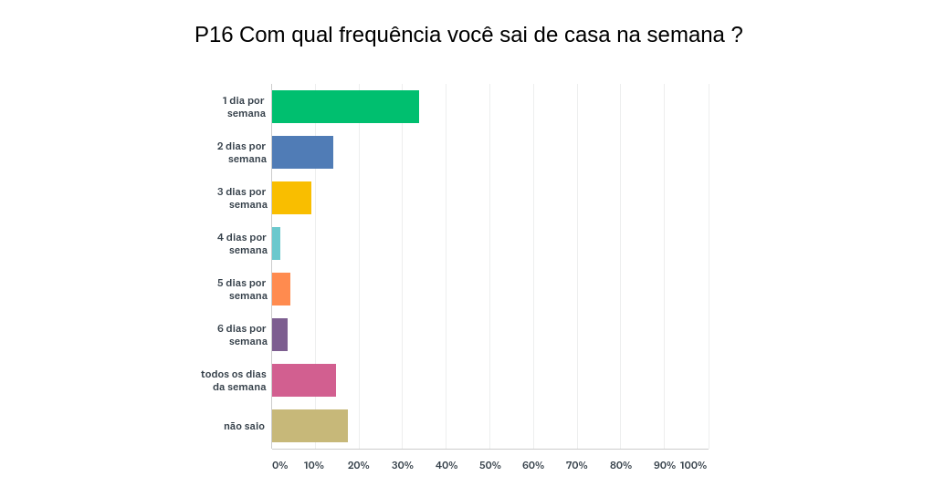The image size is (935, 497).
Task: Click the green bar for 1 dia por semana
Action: tap(345, 107)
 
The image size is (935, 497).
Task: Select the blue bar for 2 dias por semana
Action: tap(302, 152)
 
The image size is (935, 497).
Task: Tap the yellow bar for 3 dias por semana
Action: tap(291, 198)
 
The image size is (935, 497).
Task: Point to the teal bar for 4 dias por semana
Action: tap(276, 243)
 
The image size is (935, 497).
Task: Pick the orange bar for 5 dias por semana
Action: tap(281, 289)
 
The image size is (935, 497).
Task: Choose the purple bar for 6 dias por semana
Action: tap(279, 335)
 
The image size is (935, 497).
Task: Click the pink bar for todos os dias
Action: tap(304, 380)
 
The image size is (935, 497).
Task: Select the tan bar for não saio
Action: tap(310, 426)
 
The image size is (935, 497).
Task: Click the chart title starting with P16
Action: tap(468, 35)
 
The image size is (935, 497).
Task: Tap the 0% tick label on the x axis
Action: tap(279, 465)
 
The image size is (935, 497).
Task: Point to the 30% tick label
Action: tap(403, 465)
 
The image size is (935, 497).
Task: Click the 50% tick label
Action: tap(490, 465)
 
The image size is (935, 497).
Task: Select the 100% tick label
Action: tap(693, 465)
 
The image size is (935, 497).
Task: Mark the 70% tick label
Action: tap(576, 465)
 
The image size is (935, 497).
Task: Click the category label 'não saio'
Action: tap(244, 426)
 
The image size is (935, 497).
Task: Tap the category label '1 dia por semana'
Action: tap(244, 107)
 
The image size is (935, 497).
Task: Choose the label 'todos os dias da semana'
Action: tap(235, 380)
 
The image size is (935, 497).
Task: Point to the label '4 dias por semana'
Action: tap(242, 243)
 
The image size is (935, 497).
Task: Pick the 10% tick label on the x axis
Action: tap(314, 465)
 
